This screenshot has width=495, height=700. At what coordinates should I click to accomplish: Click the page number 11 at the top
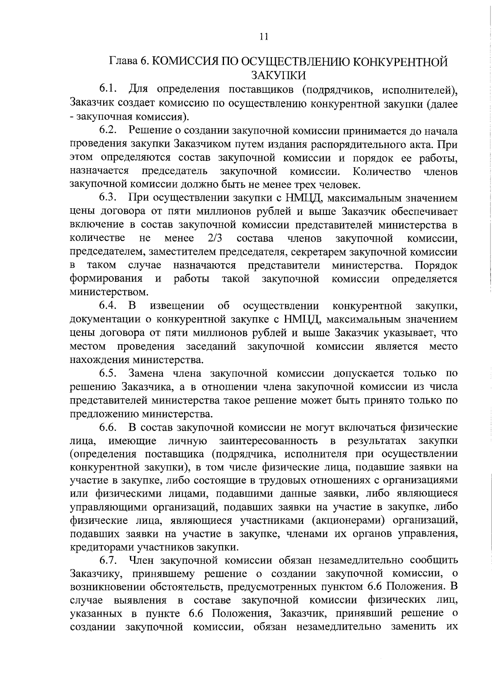[264, 37]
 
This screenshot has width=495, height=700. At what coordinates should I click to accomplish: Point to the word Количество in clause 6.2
[382, 171]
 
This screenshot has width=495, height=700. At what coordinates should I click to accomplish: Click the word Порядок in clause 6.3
[436, 265]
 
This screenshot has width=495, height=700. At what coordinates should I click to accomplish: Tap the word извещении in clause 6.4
[177, 306]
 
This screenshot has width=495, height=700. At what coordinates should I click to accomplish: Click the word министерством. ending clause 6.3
[109, 292]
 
